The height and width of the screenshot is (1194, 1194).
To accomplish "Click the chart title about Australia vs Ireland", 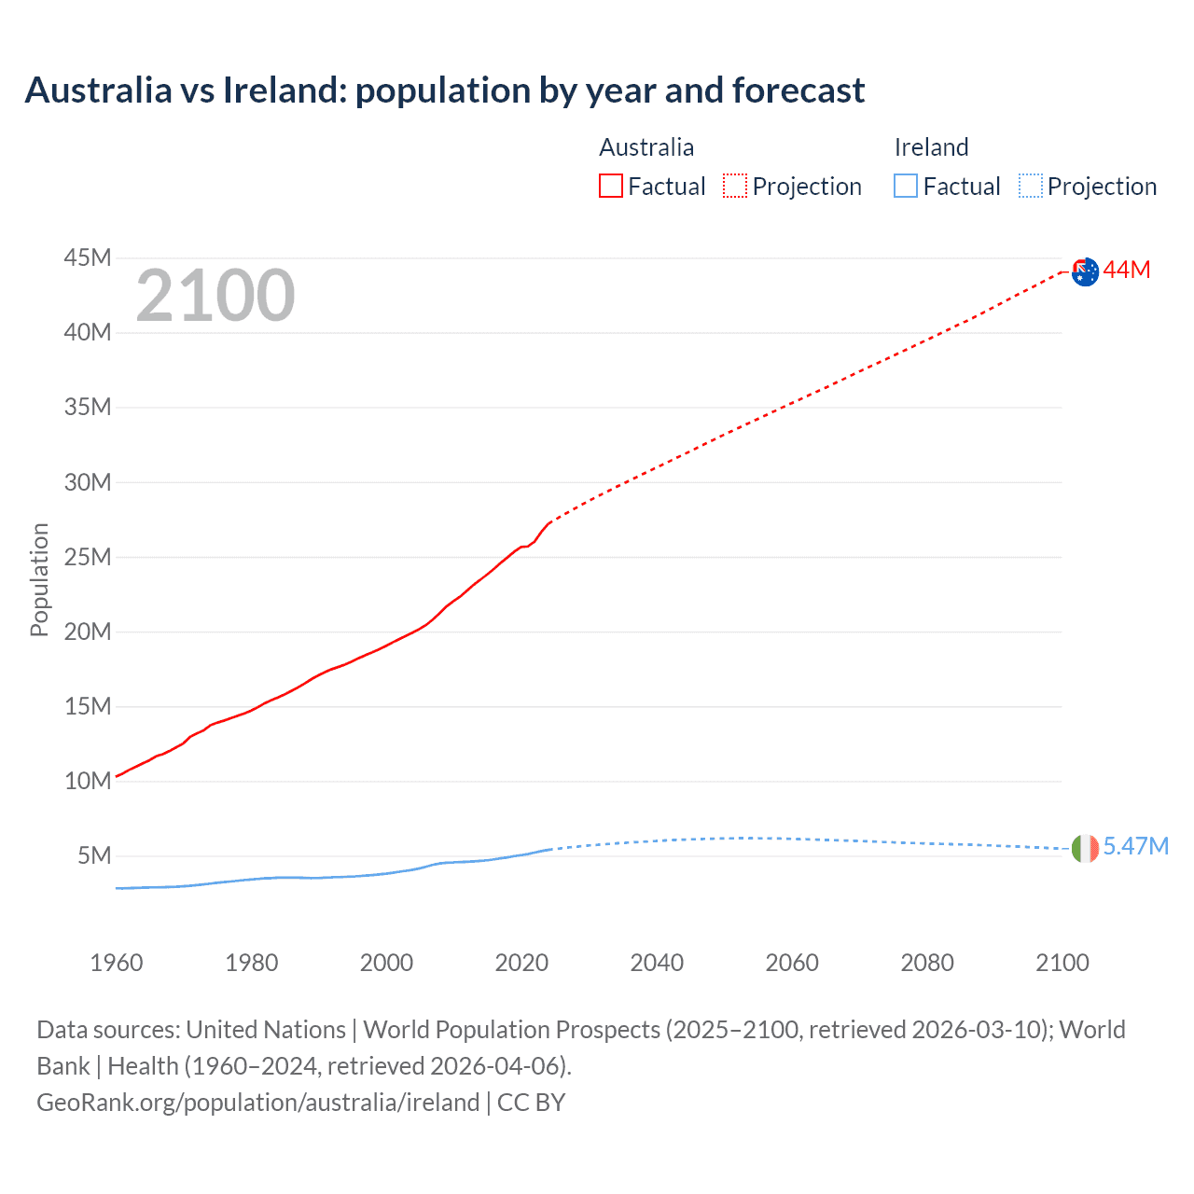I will (445, 90).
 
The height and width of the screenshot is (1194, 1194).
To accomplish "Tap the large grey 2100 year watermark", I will (215, 296).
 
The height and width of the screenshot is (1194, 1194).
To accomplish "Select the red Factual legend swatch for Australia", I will (610, 186).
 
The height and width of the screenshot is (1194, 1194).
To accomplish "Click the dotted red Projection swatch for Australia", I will (735, 186).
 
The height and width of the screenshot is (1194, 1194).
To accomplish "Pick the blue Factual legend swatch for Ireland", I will (905, 186).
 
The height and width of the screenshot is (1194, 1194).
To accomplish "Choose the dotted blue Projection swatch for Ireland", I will (1030, 186).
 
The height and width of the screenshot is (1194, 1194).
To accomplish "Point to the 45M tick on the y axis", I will (88, 257).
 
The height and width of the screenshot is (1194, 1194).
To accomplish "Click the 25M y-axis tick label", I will (88, 557).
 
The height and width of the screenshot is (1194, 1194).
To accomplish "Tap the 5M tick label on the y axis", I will (94, 855).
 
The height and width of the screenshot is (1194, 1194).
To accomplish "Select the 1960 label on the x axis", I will (117, 963).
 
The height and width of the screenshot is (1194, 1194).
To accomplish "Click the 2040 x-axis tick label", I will (657, 963).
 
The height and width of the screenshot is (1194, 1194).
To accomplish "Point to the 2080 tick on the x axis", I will (927, 963).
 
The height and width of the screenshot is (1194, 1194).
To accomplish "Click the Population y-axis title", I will (39, 579).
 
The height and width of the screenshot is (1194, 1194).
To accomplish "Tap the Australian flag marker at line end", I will (1085, 271).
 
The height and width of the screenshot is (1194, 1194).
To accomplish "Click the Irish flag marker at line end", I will (1085, 848).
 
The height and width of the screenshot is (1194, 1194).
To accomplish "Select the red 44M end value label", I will (1127, 271).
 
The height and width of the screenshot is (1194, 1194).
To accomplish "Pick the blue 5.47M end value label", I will (1135, 846).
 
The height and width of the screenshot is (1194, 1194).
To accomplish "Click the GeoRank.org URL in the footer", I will (257, 1103).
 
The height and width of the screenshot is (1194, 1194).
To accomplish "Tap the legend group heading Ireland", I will (931, 147).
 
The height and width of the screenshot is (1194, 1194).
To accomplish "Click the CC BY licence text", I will (532, 1103).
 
